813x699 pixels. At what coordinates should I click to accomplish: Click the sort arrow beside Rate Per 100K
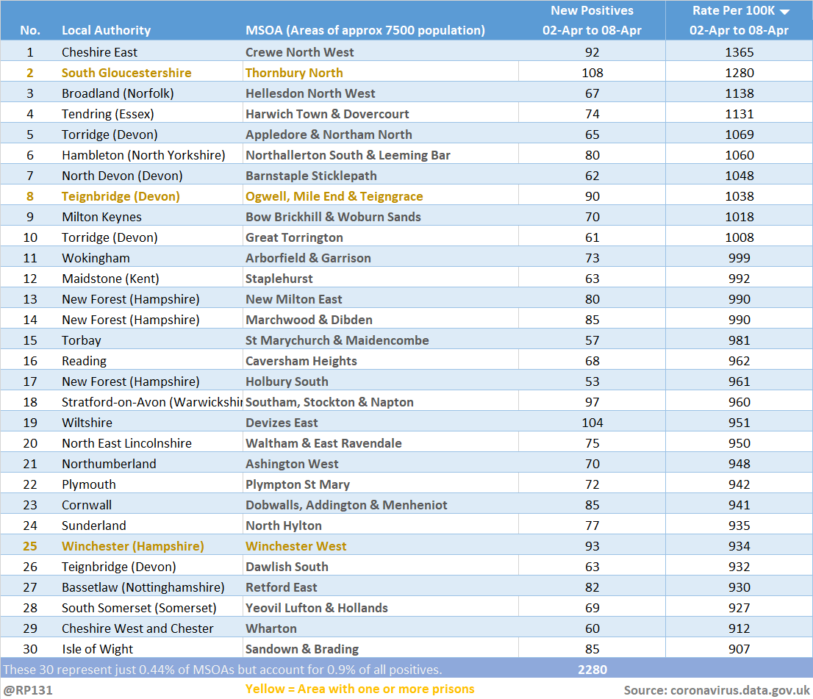point(784,12)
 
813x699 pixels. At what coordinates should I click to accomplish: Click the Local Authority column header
point(107,30)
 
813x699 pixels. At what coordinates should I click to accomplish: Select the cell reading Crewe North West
point(300,52)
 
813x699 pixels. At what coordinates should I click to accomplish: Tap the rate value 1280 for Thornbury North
point(739,73)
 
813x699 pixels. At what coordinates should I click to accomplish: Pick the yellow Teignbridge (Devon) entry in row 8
point(121,196)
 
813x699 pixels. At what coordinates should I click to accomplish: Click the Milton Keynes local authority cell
point(101,217)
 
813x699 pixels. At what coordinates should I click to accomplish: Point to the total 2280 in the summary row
point(592,670)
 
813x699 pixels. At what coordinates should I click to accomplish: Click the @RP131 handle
point(28,691)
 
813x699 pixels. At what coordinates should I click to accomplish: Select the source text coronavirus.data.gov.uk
point(740,691)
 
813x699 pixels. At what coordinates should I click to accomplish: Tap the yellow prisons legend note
point(360,689)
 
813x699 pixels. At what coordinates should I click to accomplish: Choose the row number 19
point(30,423)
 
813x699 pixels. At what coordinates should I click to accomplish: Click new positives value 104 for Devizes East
point(592,423)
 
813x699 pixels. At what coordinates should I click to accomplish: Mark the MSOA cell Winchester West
point(296,546)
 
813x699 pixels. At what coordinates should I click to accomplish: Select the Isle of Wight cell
point(98,649)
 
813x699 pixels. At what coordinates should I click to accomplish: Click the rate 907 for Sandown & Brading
point(739,649)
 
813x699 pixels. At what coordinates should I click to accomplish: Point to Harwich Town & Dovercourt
point(327,114)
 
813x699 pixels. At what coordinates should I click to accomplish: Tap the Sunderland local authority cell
point(94,526)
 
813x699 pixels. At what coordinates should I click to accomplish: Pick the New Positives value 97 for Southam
point(592,402)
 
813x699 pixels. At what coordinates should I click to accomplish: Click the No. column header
point(30,30)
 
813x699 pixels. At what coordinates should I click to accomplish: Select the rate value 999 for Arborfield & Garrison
point(739,258)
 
